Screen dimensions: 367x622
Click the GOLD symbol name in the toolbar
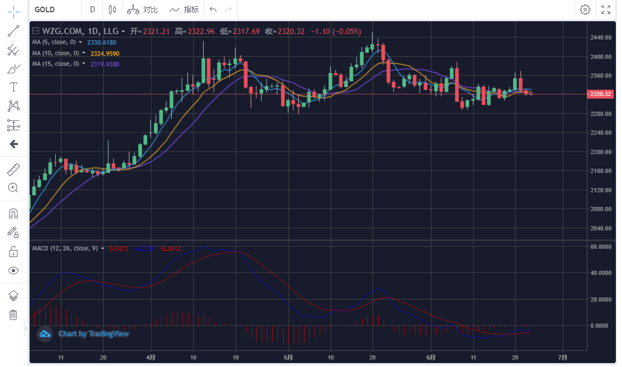(x=45, y=9)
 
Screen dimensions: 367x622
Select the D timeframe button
(x=93, y=9)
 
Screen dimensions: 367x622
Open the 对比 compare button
(x=143, y=9)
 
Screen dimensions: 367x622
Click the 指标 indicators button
(x=184, y=9)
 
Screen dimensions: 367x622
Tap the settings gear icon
(x=585, y=9)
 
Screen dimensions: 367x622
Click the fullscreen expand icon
(x=606, y=9)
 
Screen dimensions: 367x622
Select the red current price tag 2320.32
(x=601, y=94)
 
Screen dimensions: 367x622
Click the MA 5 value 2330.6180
(x=102, y=42)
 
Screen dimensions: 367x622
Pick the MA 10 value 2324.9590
(x=105, y=53)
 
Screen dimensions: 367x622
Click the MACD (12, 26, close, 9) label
(x=65, y=248)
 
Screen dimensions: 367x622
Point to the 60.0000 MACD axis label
(x=602, y=246)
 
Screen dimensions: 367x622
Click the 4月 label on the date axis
(x=151, y=357)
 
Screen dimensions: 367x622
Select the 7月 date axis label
(x=563, y=357)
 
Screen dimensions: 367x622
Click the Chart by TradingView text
(x=94, y=334)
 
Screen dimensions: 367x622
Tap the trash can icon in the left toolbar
(x=13, y=315)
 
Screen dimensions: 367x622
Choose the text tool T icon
(x=13, y=87)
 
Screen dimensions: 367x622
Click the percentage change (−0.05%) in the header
(x=346, y=32)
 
